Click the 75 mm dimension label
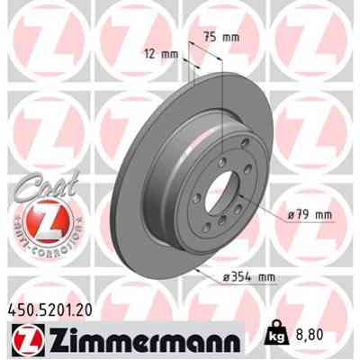(222, 38)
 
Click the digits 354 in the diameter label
(239, 276)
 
